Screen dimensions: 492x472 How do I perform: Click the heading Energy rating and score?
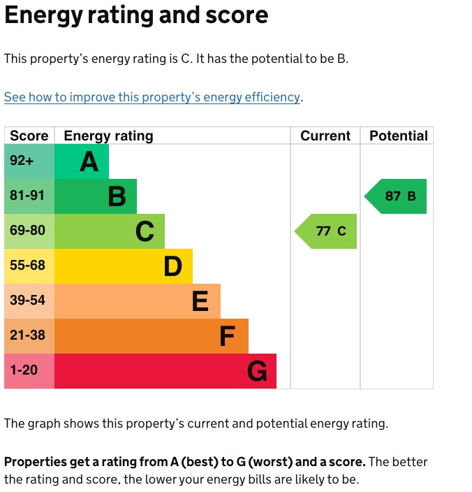point(136,15)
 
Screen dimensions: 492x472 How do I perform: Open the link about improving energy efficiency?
point(152,97)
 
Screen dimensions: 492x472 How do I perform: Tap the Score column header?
point(29,136)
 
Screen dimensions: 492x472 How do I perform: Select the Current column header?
point(325,136)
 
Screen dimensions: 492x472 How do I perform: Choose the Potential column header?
point(399,136)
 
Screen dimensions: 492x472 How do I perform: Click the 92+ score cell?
point(22,161)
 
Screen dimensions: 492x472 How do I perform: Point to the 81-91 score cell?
point(27,196)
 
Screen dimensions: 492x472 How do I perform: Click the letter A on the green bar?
point(89,162)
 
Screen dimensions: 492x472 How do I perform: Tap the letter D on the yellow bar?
point(172,266)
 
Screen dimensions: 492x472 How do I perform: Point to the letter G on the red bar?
point(257,371)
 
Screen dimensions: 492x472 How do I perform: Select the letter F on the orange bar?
point(227,337)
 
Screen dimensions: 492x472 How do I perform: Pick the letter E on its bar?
point(200,301)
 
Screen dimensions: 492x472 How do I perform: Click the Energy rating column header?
point(108,136)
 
